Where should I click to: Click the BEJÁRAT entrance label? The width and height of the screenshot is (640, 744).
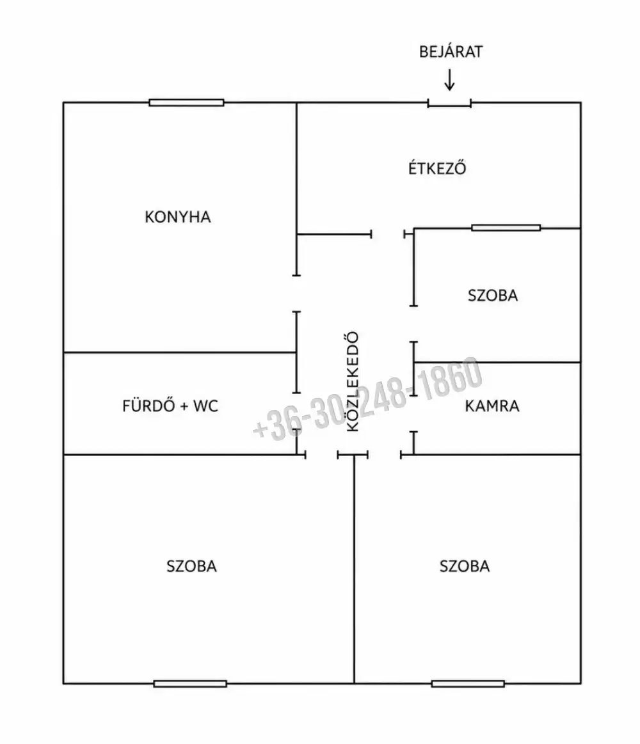[x=451, y=51]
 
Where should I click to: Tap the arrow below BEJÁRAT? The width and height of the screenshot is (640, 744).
[x=449, y=80]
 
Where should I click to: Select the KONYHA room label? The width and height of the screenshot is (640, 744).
[x=177, y=217]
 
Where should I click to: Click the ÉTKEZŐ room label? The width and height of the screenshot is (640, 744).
[x=437, y=168]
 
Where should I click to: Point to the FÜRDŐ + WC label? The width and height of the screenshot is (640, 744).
[x=170, y=406]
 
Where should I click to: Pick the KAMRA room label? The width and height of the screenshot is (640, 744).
[x=492, y=406]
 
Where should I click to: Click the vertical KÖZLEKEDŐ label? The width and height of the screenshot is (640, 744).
[x=352, y=381]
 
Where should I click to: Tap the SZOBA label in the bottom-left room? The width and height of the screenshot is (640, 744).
[x=191, y=566]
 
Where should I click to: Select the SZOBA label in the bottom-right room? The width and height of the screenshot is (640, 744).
[x=465, y=566]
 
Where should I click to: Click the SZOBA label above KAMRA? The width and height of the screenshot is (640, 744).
[x=493, y=295]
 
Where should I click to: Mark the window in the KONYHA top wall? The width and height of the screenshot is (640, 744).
[x=186, y=102]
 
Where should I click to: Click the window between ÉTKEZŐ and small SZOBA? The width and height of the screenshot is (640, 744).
[x=506, y=228]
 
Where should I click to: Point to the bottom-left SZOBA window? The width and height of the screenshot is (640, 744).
[x=190, y=684]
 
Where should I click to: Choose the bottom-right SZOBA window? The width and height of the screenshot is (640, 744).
[x=468, y=684]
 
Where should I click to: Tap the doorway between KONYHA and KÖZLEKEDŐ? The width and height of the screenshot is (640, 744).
[x=297, y=294]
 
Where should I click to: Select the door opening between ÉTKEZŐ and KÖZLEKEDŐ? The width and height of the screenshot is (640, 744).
[x=388, y=234]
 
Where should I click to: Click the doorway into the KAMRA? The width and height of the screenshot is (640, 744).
[x=413, y=414]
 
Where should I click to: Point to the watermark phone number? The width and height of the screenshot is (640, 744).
[x=367, y=399]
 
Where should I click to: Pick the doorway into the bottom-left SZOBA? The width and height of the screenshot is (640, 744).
[x=321, y=455]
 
